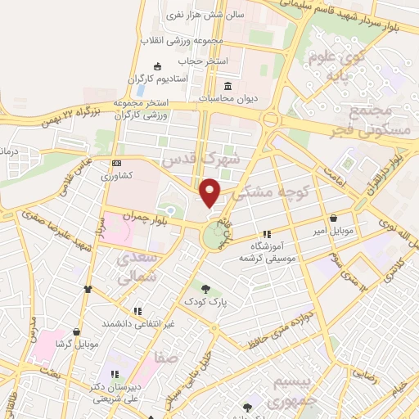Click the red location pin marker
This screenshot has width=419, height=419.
pos(211,193)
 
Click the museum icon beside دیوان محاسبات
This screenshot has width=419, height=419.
pos(227,87)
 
